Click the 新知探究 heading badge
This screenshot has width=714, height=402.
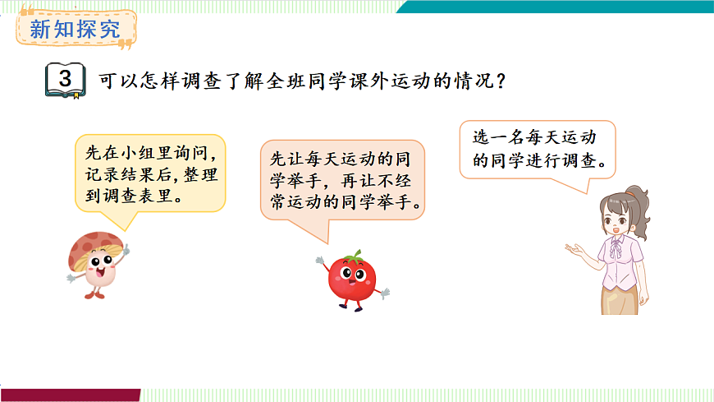tap(74, 30)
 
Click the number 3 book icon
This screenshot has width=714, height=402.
tap(65, 81)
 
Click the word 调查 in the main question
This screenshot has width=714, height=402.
tap(199, 82)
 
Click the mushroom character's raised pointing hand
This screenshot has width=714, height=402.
tap(124, 248)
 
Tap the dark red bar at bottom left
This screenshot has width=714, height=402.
tap(70, 395)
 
